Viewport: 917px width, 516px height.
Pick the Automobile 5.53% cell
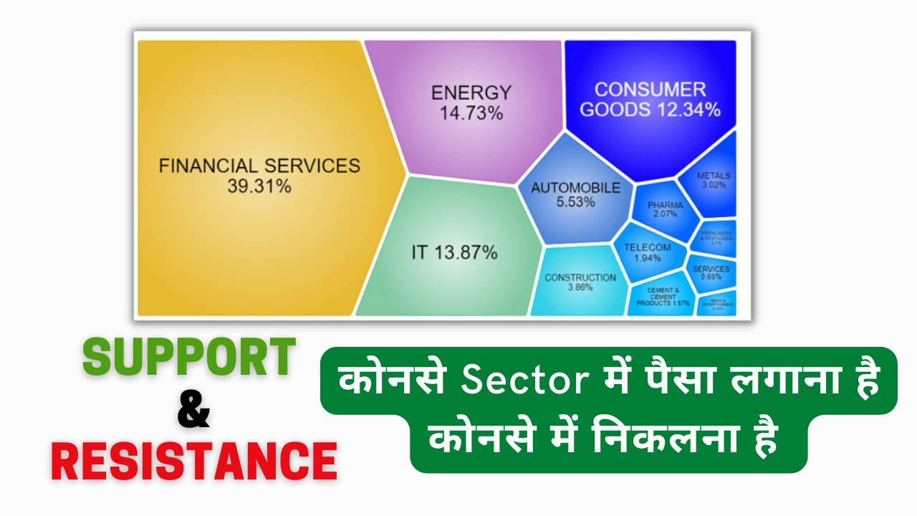pyautogui.click(x=575, y=195)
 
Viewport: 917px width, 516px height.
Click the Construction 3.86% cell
pyautogui.click(x=580, y=282)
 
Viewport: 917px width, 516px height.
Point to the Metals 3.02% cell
pyautogui.click(x=713, y=179)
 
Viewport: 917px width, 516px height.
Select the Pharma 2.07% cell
pyautogui.click(x=665, y=209)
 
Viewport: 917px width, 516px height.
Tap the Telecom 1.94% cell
pyautogui.click(x=647, y=252)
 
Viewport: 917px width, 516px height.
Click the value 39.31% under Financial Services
pyautogui.click(x=259, y=187)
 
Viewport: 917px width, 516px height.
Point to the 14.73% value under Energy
pyautogui.click(x=471, y=113)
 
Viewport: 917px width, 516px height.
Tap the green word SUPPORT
pyautogui.click(x=189, y=358)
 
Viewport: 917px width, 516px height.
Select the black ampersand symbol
pyautogui.click(x=193, y=409)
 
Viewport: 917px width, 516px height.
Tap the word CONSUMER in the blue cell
pyautogui.click(x=650, y=90)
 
